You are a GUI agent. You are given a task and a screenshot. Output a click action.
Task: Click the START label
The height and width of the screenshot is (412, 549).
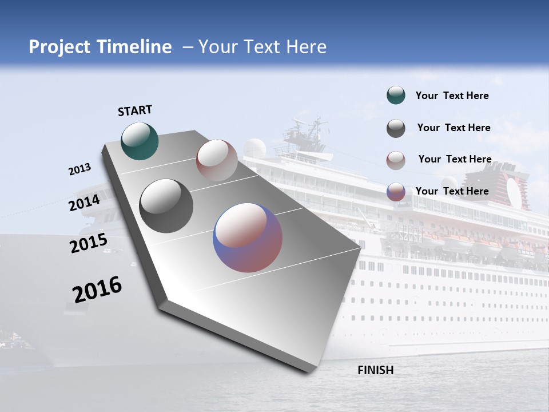tap(135, 110)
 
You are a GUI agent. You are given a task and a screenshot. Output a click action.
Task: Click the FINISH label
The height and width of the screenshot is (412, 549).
tap(375, 370)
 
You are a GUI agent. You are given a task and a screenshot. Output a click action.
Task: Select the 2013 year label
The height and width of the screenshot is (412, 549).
tap(79, 169)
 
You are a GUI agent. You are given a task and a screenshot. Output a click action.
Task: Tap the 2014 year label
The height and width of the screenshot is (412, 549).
tap(85, 203)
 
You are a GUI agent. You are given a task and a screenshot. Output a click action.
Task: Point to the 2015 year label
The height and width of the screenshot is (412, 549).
tap(89, 243)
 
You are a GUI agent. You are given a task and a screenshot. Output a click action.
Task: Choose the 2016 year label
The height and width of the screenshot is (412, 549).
tap(97, 290)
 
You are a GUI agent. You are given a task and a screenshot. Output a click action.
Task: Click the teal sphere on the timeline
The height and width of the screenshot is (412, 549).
tap(140, 141)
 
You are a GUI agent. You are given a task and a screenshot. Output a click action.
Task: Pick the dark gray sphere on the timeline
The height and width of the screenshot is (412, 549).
tap(166, 206)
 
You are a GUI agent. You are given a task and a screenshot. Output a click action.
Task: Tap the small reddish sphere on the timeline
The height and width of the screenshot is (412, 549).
tap(217, 160)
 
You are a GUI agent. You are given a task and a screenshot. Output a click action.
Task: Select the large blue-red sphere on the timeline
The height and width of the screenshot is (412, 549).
tap(248, 237)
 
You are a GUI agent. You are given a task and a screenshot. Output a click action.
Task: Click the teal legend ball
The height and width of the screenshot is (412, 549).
tap(396, 96)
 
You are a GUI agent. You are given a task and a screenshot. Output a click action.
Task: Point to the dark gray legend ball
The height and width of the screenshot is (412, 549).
tap(396, 128)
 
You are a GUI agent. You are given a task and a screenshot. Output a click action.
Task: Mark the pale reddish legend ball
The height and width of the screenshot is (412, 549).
tap(396, 160)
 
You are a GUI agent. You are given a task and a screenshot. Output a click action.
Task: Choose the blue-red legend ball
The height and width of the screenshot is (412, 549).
tap(396, 192)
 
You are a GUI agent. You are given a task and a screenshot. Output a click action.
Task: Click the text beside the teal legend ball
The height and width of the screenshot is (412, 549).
tap(452, 96)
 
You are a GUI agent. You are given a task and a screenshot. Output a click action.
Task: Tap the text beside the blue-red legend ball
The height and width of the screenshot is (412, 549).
tap(452, 191)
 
